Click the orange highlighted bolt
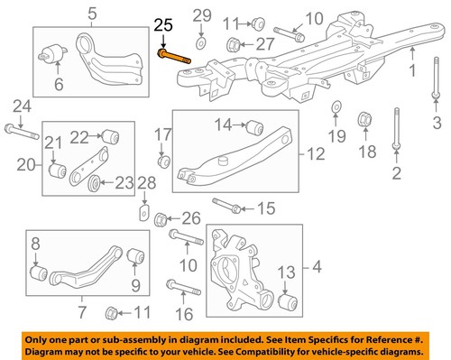pyautogui.click(x=174, y=55)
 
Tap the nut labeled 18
pyautogui.click(x=366, y=117)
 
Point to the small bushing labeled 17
pyautogui.click(x=164, y=162)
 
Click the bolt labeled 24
pyautogui.click(x=20, y=132)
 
